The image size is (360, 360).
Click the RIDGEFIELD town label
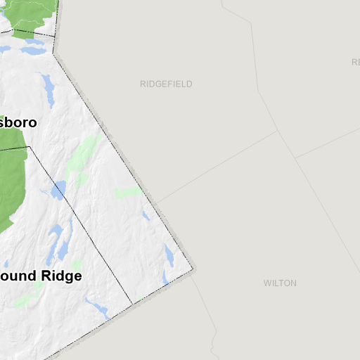[166, 84]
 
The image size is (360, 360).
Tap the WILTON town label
[280, 283]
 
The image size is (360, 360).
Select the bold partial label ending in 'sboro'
[18, 122]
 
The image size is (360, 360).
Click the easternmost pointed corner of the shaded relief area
[194, 268]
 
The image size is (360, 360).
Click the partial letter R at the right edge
[356, 62]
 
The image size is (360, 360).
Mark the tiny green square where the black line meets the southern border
[140, 298]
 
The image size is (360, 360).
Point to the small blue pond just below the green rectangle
[146, 216]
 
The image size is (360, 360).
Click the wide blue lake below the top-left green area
[32, 51]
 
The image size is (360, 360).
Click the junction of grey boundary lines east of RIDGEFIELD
[277, 130]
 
